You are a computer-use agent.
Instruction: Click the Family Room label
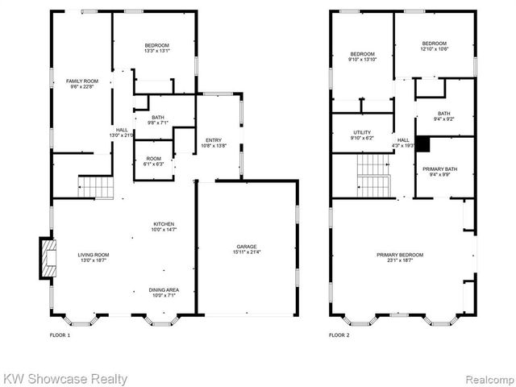81,81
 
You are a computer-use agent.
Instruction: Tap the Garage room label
247,246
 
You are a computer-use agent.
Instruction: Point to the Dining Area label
164,289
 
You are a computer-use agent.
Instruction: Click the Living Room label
94,254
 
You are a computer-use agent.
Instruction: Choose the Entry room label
213,140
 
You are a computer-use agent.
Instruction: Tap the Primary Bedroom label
400,255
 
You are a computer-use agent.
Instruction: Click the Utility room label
362,131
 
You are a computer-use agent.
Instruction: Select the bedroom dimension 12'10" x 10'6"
434,49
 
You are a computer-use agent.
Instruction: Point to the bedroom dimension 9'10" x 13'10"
362,59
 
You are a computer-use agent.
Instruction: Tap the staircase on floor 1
95,186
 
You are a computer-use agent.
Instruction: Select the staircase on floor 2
373,174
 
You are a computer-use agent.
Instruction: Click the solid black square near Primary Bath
421,144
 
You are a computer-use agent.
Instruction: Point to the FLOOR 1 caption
60,335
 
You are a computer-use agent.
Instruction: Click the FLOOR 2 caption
339,335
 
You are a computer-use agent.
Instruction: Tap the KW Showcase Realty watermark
64,377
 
